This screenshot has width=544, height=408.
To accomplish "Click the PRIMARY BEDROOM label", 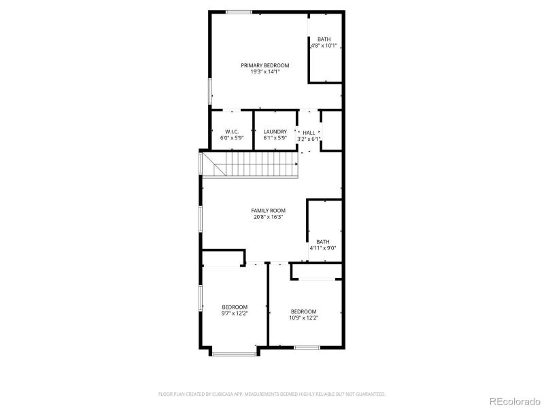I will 265,65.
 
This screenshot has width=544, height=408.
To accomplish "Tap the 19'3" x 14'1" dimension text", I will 265,71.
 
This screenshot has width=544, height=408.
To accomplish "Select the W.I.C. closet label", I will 232,132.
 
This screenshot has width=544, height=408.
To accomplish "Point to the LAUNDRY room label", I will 275,132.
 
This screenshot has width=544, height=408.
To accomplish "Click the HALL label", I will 309,133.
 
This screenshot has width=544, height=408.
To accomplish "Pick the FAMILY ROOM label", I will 269,211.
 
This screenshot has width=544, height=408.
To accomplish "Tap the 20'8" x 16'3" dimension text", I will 269,218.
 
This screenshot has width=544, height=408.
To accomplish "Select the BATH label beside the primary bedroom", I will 324,39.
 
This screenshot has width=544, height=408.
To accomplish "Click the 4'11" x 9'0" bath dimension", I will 322,248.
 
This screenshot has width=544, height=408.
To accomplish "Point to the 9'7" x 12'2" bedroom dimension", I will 234,313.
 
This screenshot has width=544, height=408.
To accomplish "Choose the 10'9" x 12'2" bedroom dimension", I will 304,318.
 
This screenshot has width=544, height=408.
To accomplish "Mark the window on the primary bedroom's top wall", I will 239,12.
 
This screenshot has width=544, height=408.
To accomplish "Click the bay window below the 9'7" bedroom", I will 234,353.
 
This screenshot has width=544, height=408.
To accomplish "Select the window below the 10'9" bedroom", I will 307,347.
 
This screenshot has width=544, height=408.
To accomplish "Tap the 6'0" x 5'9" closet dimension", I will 232,138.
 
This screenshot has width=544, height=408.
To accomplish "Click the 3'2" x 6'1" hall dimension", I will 309,139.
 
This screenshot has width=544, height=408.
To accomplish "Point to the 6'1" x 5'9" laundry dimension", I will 275,138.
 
